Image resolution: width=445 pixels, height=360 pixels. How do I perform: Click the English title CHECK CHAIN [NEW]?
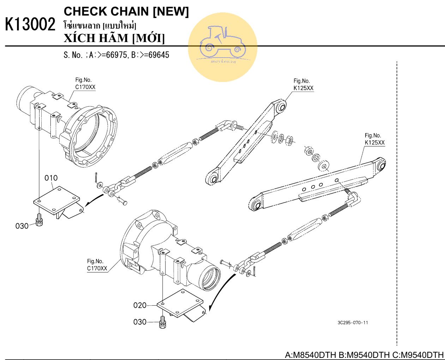tap(126, 11)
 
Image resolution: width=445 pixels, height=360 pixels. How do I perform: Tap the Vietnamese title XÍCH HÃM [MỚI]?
tap(114, 38)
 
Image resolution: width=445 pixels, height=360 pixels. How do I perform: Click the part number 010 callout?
tap(51, 178)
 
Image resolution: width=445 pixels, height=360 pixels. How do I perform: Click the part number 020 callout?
tap(140, 305)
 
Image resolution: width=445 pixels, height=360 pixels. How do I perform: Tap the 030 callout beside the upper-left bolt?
tap(22, 226)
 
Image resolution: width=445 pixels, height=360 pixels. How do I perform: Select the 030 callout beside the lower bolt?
tap(140, 322)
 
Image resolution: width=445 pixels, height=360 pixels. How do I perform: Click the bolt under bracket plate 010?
tap(39, 220)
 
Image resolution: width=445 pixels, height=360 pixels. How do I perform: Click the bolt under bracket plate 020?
tap(162, 321)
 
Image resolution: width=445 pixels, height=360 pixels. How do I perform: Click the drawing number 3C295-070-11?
tap(353, 323)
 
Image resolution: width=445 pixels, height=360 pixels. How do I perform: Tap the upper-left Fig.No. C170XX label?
tap(85, 84)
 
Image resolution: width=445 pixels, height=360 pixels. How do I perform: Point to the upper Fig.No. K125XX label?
tap(303, 85)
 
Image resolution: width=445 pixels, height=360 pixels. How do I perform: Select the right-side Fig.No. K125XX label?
tap(374, 139)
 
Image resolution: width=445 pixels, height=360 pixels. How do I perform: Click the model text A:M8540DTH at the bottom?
tap(310, 355)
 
